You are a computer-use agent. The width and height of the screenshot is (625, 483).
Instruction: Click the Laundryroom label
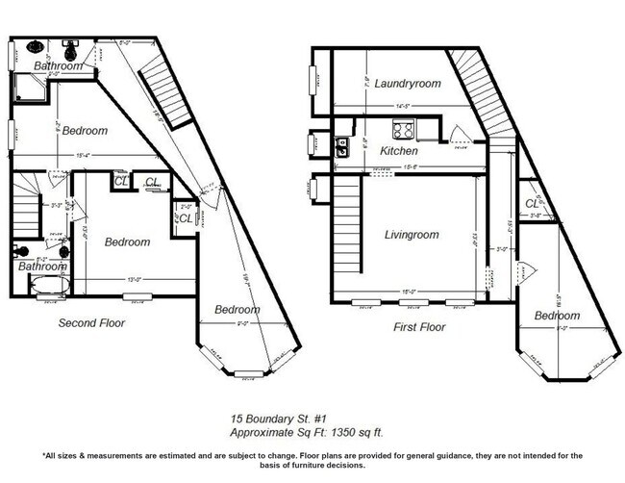coord(408,84)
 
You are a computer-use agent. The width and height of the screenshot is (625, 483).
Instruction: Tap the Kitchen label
coord(399,151)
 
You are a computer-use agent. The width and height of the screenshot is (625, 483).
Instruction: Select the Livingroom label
coord(412,234)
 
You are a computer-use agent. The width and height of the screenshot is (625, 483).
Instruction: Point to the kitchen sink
coord(341,146)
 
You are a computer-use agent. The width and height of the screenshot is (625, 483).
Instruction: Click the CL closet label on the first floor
coord(532,203)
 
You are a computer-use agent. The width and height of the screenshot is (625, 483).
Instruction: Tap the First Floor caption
coord(418,327)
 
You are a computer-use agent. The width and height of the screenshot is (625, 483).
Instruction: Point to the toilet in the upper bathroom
coord(36,45)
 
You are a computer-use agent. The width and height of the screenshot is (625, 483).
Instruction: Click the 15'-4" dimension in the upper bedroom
coord(85,155)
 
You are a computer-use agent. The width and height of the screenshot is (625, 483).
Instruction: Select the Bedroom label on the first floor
coord(557,316)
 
